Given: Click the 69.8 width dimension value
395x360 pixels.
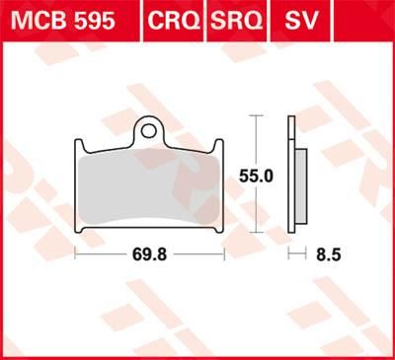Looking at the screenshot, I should tap(150, 254).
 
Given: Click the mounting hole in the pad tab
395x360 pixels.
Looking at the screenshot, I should tap(150, 129).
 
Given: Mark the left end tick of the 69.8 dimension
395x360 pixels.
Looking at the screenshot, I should tap(76, 254).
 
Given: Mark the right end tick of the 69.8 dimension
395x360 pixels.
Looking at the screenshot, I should tap(225, 254).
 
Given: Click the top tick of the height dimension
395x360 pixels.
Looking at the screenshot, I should tap(257, 116).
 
